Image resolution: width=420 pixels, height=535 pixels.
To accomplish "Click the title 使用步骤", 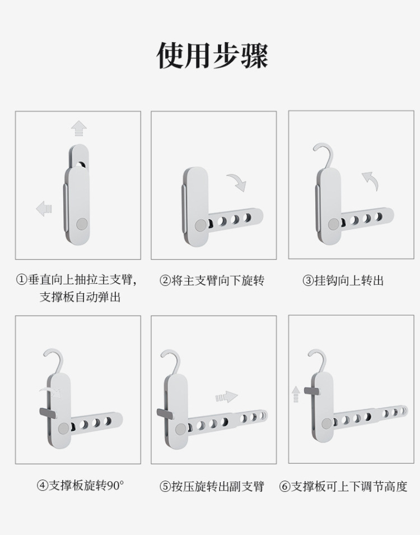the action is pyautogui.click(x=212, y=56).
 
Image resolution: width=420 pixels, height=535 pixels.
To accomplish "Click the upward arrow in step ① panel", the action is pyautogui.click(x=79, y=128).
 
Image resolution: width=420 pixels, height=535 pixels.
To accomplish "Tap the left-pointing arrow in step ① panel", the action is pyautogui.click(x=44, y=209).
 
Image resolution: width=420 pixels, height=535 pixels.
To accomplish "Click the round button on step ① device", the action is pyautogui.click(x=82, y=224).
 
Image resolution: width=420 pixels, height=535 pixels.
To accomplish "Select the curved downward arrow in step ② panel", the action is pyautogui.click(x=237, y=182).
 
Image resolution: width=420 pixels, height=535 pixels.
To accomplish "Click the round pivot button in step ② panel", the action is pyautogui.click(x=200, y=225).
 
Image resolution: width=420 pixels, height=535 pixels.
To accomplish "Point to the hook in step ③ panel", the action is pyautogui.click(x=324, y=155).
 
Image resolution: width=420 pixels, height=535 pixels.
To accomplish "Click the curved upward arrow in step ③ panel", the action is pyautogui.click(x=370, y=181).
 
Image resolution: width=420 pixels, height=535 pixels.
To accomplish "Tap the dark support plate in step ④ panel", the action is pyautogui.click(x=48, y=413).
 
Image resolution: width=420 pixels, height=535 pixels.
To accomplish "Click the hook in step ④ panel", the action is pyautogui.click(x=54, y=361).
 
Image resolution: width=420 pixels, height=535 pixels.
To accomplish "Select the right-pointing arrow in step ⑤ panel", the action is pyautogui.click(x=227, y=397).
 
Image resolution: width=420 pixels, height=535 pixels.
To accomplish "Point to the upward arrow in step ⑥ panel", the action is pyautogui.click(x=296, y=394).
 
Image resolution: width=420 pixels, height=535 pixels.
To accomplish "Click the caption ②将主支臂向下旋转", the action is pyautogui.click(x=212, y=280).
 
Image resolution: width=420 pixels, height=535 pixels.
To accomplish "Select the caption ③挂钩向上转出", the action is pyautogui.click(x=343, y=280).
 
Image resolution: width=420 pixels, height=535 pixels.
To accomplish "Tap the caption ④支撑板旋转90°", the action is pyautogui.click(x=81, y=485).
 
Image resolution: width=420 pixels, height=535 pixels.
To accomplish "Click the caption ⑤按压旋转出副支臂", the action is pyautogui.click(x=212, y=486).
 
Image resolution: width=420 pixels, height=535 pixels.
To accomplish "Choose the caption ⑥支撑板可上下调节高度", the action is pyautogui.click(x=343, y=486).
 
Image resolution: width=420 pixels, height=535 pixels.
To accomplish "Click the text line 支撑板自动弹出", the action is pyautogui.click(x=81, y=297).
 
